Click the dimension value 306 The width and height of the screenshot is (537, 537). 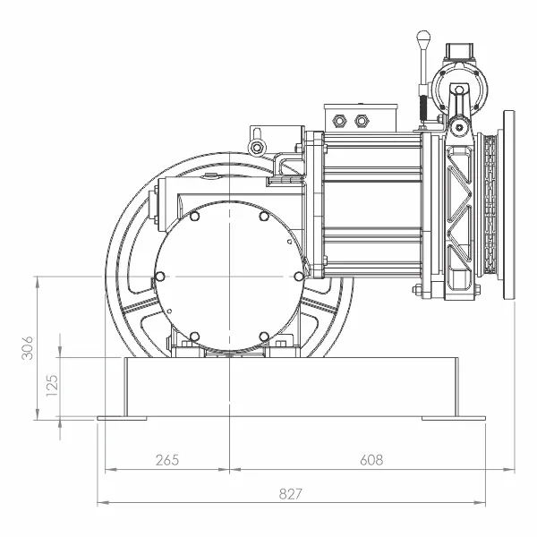tap(28, 347)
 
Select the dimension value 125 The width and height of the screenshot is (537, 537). tap(52, 386)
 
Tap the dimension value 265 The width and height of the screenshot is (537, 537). tap(167, 460)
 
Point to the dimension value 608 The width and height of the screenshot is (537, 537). tap(371, 460)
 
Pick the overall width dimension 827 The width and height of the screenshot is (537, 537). tap(291, 494)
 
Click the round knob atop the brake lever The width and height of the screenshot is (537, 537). tap(423, 36)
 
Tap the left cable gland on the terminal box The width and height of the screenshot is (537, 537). tap(339, 121)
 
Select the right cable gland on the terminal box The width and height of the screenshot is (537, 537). tap(361, 121)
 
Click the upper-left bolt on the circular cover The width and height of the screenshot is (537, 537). tap(194, 216)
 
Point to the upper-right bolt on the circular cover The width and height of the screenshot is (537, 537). tap(264, 216)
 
